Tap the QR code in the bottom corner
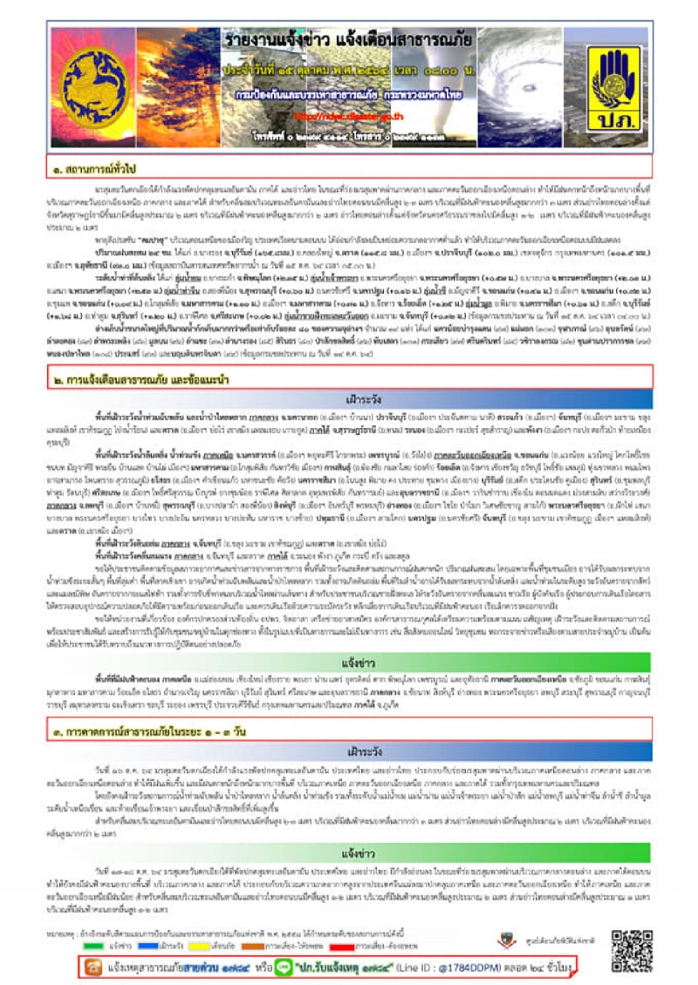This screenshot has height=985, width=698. (x=631, y=951)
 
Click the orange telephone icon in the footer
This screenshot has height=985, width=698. (x=90, y=968)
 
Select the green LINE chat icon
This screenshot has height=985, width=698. (x=284, y=968)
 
